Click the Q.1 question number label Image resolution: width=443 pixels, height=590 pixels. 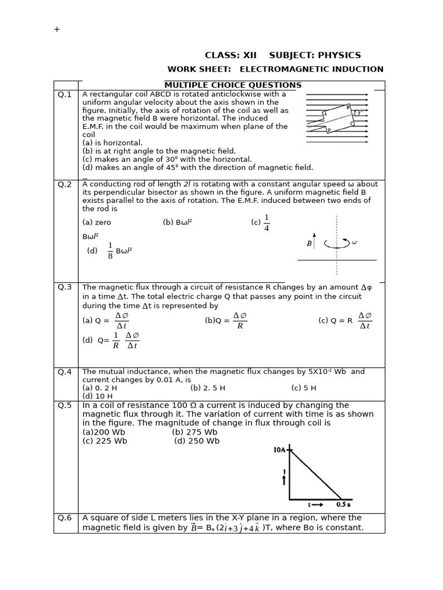pyautogui.click(x=65, y=94)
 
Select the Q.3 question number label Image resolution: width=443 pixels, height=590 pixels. pyautogui.click(x=65, y=287)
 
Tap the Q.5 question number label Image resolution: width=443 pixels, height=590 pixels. pyautogui.click(x=65, y=405)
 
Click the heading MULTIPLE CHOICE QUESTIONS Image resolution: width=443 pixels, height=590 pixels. pyautogui.click(x=233, y=85)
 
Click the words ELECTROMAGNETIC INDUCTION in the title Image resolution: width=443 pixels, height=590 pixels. pyautogui.click(x=311, y=69)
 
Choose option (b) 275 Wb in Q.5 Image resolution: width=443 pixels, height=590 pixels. pyautogui.click(x=194, y=432)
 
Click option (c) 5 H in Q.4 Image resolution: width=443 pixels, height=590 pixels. pyautogui.click(x=303, y=388)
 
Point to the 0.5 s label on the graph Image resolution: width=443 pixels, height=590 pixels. pyautogui.click(x=344, y=504)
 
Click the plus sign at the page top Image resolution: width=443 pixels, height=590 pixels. pyautogui.click(x=57, y=29)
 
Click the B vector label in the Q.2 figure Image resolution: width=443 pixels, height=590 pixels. pyautogui.click(x=310, y=244)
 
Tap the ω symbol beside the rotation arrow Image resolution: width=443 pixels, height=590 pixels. pyautogui.click(x=354, y=243)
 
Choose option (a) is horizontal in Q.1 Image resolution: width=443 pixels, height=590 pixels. pyautogui.click(x=112, y=143)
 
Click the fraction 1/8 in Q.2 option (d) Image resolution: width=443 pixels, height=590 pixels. pyautogui.click(x=110, y=251)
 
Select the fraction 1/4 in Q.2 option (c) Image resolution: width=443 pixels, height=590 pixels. pyautogui.click(x=266, y=223)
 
